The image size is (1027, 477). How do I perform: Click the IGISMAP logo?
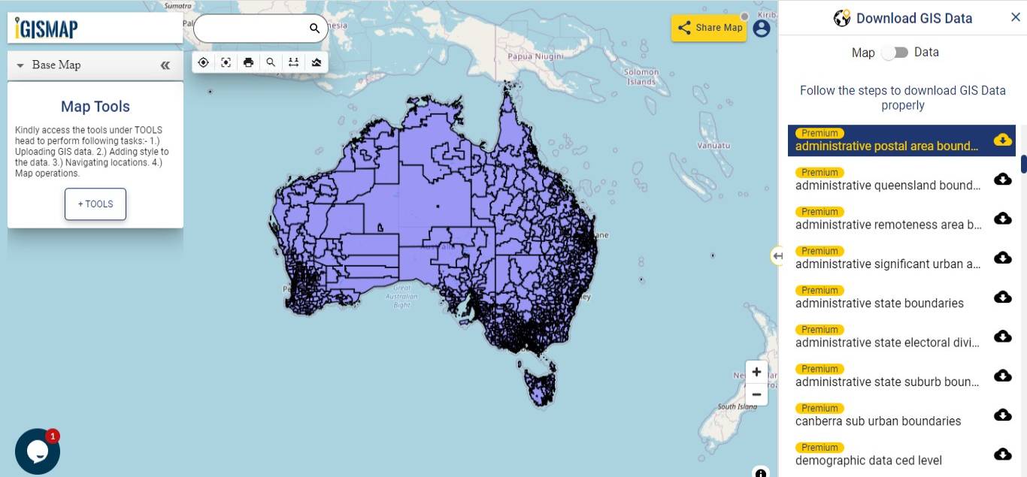coord(47,29)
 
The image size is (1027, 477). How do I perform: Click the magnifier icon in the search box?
coord(314,29)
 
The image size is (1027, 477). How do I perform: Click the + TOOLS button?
coord(95,204)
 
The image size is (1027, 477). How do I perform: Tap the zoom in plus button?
coord(756,372)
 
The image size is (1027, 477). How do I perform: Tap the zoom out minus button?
coord(756,394)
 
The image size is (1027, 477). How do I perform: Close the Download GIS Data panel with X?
coord(1016,17)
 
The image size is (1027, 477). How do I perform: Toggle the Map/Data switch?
coord(895,53)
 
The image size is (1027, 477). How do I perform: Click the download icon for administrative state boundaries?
coord(1002,297)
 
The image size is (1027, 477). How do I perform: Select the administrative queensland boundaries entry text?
coord(888,186)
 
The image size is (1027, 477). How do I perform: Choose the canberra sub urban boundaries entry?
coord(878,421)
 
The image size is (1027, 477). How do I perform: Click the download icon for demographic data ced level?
coord(1002,454)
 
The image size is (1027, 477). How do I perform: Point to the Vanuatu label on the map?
coord(713,145)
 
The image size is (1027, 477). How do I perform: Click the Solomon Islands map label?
coord(641,77)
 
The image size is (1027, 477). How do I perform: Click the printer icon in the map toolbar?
coord(248,62)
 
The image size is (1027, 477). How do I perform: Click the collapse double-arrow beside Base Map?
coord(165,65)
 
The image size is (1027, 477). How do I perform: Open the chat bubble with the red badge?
coord(37,451)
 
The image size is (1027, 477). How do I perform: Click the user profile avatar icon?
coord(762,29)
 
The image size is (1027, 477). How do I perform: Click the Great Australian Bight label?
coord(402,296)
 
